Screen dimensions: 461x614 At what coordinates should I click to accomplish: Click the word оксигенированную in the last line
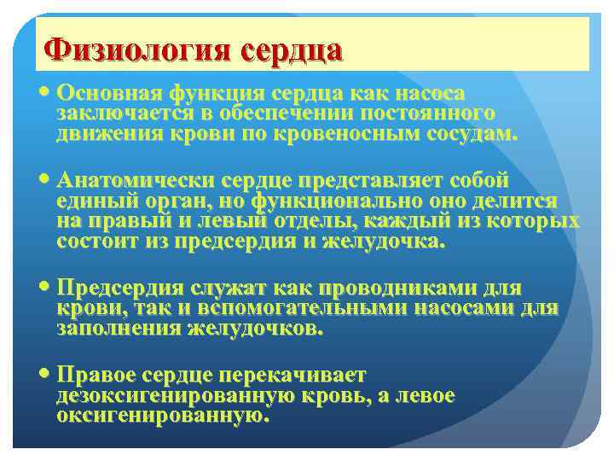[x=163, y=417]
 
